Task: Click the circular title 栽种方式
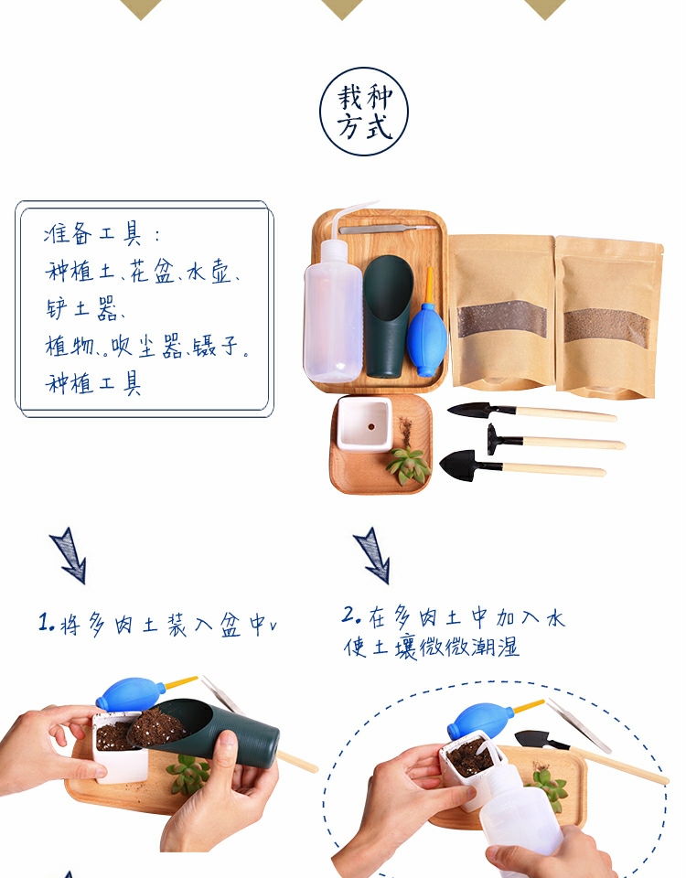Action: [364, 112]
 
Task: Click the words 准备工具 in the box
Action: [93, 233]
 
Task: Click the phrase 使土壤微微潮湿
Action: [431, 647]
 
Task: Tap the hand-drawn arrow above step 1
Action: [69, 555]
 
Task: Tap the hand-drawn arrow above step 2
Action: [372, 555]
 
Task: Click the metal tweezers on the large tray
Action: [387, 229]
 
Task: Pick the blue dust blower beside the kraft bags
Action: [427, 330]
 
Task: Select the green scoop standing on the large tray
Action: [388, 316]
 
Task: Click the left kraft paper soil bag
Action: [501, 311]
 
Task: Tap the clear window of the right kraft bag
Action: [606, 327]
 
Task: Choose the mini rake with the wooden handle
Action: [555, 441]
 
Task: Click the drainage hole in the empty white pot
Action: [370, 427]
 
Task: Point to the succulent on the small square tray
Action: [408, 465]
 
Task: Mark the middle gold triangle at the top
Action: [342, 8]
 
